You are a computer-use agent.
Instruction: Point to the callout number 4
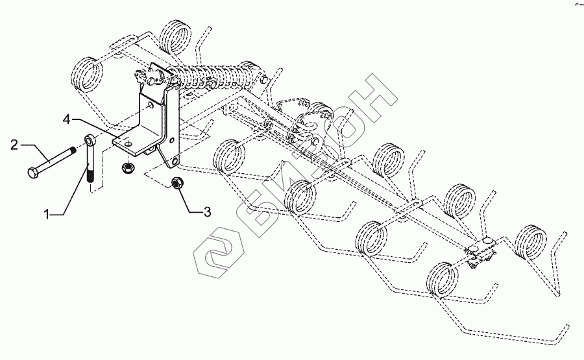[x=67, y=119]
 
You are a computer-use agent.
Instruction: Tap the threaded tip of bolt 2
[x=79, y=150]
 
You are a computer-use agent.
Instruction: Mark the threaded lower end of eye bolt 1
[x=90, y=176]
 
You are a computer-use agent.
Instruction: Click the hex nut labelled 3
[x=175, y=183]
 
